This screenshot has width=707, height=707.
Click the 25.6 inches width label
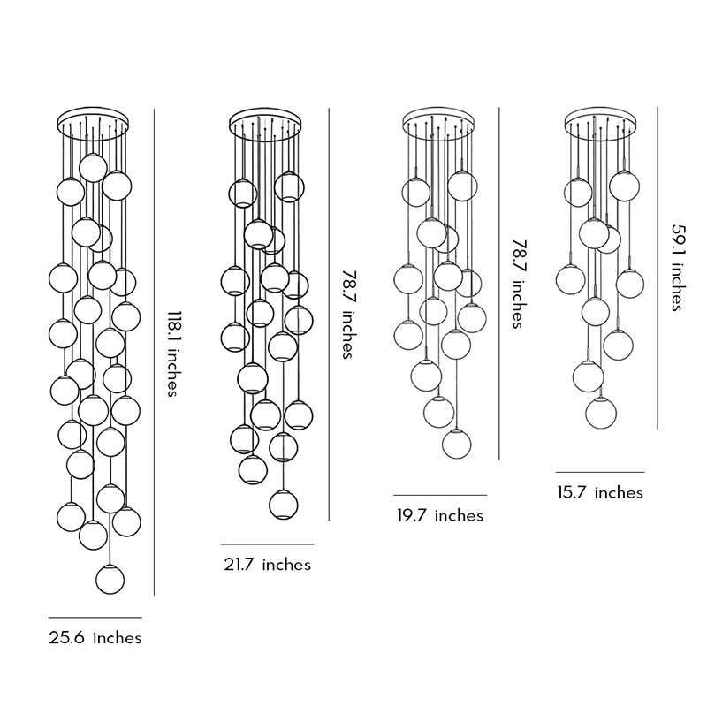point(95,637)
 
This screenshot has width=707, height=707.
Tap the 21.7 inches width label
point(267,564)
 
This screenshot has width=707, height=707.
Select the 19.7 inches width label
point(440,515)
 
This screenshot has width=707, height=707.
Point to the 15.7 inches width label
point(600,492)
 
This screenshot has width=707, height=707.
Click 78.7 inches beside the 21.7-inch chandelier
point(348,315)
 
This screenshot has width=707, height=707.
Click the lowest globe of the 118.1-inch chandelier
point(110,579)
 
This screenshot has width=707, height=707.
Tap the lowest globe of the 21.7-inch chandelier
point(283,505)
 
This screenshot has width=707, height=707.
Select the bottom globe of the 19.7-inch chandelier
point(456,444)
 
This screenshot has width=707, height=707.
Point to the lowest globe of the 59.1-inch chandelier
point(601,413)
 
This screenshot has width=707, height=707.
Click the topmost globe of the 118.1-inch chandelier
point(93,167)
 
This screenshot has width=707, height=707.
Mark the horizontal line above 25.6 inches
point(95,617)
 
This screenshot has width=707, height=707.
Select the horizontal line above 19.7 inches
point(440,495)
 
